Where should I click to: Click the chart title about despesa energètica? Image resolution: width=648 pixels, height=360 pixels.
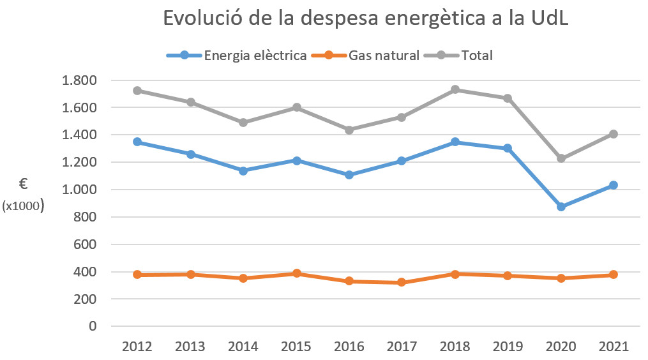pos(366,18)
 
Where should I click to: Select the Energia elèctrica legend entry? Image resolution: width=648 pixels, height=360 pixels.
pos(255,56)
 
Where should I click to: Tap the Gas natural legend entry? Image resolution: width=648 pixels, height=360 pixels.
pos(384,56)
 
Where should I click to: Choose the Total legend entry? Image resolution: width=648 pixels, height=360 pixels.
pos(477,56)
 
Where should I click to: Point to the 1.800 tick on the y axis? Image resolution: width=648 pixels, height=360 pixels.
pos(79,80)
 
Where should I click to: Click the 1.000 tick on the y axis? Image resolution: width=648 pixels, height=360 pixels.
pos(79,190)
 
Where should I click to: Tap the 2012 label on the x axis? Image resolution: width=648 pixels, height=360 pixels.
pos(137,347)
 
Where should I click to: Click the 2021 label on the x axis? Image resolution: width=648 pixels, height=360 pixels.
pos(614,347)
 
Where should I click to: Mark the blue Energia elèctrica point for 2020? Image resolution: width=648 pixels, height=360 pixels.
pos(561,207)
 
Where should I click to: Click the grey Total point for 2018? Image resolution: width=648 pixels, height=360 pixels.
pos(455,89)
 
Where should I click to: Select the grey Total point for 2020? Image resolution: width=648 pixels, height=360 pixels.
pos(561,158)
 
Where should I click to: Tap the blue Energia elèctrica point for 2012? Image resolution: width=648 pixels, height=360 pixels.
pos(137,142)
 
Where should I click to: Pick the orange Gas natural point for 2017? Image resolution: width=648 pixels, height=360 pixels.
pos(402,282)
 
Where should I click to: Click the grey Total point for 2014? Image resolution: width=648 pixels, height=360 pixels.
pos(243,123)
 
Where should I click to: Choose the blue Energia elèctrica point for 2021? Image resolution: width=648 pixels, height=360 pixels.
pos(614,185)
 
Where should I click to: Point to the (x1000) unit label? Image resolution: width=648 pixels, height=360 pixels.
pos(23,206)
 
